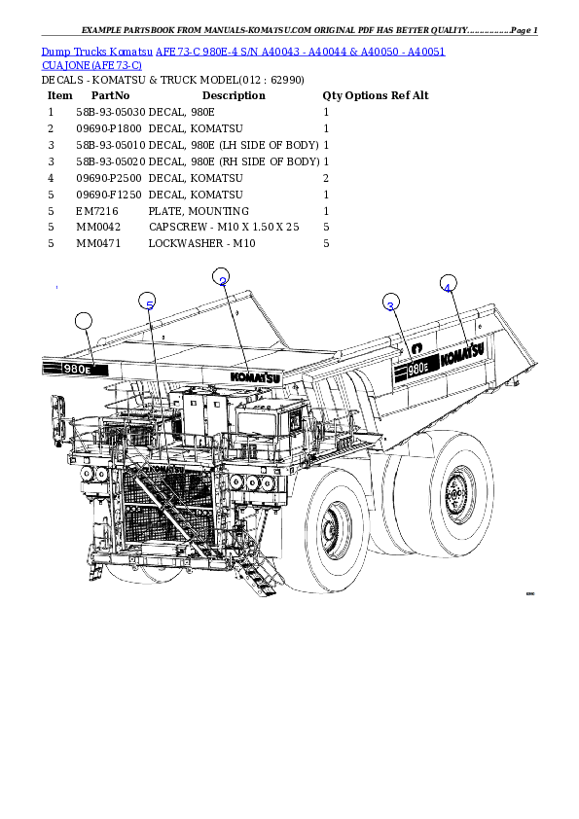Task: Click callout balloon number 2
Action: tap(221, 277)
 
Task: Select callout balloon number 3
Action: tap(390, 303)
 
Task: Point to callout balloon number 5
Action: tap(147, 302)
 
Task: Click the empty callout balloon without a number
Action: tap(84, 321)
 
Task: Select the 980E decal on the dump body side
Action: tap(416, 369)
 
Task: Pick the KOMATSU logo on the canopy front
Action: tap(255, 376)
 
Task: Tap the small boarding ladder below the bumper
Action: tap(257, 569)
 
